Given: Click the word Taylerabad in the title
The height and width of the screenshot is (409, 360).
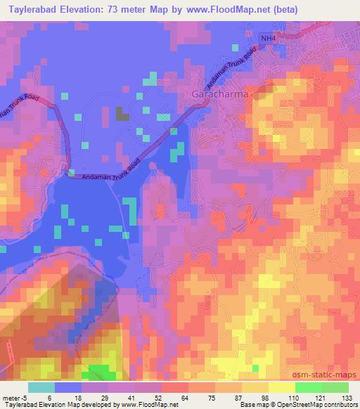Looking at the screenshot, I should [34, 10].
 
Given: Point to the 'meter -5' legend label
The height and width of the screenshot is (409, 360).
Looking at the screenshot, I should [15, 398].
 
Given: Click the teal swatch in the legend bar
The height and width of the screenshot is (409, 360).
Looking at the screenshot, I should [41, 387].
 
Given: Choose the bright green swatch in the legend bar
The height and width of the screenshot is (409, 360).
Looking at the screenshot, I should [308, 387].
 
